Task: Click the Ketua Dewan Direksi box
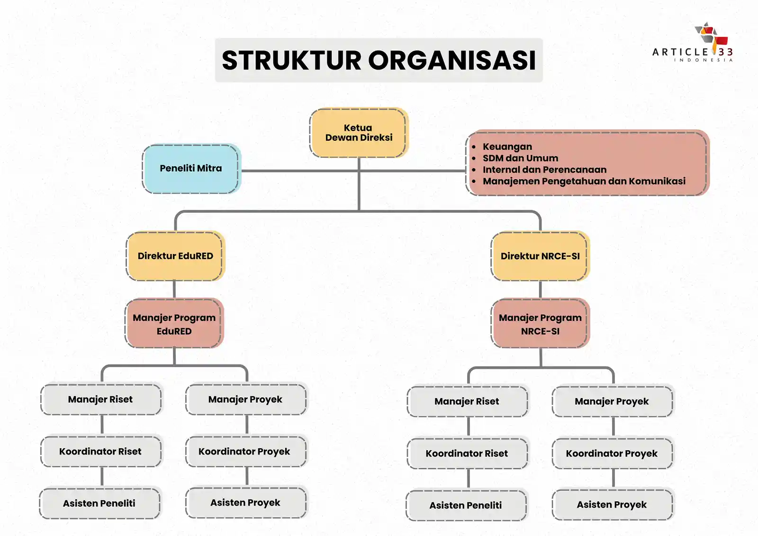tap(358, 133)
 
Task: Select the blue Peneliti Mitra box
tap(190, 168)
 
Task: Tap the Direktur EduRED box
tap(175, 256)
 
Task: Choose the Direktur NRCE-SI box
tap(540, 256)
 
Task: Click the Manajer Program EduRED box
tap(174, 324)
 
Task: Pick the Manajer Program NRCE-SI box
tap(540, 324)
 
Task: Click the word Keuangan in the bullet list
tap(507, 147)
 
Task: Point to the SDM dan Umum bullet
tap(520, 158)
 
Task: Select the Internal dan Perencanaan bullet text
tap(544, 170)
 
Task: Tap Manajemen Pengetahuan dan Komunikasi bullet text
tap(584, 181)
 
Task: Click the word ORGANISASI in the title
tap(452, 61)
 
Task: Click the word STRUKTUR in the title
tap(291, 61)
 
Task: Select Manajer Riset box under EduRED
tap(100, 400)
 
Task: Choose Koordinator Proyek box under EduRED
tap(244, 452)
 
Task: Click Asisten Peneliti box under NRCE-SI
tap(466, 506)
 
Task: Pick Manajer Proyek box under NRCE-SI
tap(612, 401)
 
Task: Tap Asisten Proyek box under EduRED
tap(245, 503)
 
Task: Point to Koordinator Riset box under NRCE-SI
tap(467, 454)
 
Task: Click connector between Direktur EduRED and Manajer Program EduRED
tap(174, 290)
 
